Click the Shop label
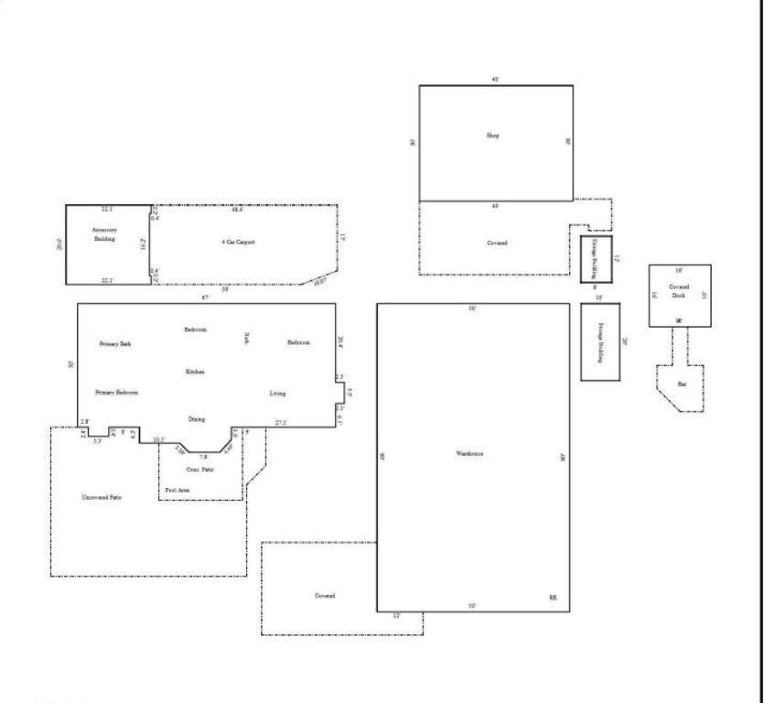pyautogui.click(x=492, y=135)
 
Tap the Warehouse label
pyautogui.click(x=469, y=454)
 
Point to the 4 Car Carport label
pyautogui.click(x=238, y=242)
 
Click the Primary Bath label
pyautogui.click(x=115, y=343)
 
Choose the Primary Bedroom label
pyautogui.click(x=116, y=392)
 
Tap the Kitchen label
pyautogui.click(x=195, y=372)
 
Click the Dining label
pyautogui.click(x=197, y=418)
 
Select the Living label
pyautogui.click(x=277, y=394)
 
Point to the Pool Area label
pyautogui.click(x=178, y=491)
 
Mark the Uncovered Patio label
pyautogui.click(x=102, y=497)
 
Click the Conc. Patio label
pyautogui.click(x=188, y=470)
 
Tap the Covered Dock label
pyautogui.click(x=679, y=290)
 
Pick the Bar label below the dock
pyautogui.click(x=681, y=384)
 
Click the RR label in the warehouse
pyautogui.click(x=553, y=597)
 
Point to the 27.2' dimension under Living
pyautogui.click(x=282, y=422)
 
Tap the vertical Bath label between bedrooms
pyautogui.click(x=246, y=339)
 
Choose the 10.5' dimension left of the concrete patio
pyautogui.click(x=158, y=439)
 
